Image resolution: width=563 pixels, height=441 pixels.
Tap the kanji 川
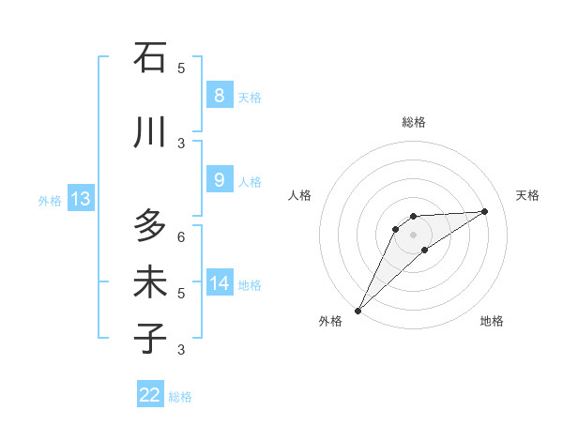(x=149, y=132)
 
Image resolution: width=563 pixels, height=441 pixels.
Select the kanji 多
(x=149, y=226)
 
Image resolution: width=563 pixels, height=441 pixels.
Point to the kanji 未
(x=149, y=282)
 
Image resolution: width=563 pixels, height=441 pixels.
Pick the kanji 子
(x=149, y=338)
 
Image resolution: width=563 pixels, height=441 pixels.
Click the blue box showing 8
(x=219, y=96)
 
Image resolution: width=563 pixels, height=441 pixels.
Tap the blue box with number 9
(x=219, y=181)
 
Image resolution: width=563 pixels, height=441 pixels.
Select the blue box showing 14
(x=219, y=283)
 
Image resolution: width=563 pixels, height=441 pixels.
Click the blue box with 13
(x=80, y=199)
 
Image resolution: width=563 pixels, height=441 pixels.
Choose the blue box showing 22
(x=150, y=395)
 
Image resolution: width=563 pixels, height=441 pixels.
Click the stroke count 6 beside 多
(x=181, y=237)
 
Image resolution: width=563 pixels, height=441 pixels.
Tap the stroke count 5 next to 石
(x=181, y=68)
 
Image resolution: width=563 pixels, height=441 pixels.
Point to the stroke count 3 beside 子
(x=181, y=350)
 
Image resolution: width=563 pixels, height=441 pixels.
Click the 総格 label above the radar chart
(x=413, y=122)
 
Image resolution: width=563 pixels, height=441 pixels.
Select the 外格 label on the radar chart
(x=330, y=322)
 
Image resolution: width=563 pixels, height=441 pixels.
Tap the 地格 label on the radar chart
(x=492, y=322)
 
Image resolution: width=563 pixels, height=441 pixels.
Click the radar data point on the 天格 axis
(x=485, y=211)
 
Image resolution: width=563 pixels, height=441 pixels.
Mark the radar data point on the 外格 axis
(x=358, y=311)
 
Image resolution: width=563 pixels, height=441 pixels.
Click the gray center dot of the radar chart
(x=413, y=235)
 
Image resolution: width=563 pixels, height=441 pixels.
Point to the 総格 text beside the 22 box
(x=180, y=397)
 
